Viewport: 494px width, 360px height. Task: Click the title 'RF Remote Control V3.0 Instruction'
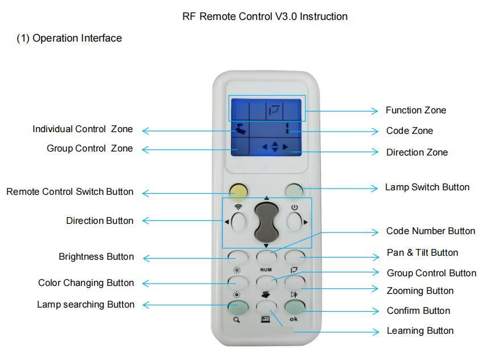[264, 17]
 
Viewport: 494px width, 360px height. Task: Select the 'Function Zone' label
[415, 111]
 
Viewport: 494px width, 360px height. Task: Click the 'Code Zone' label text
[409, 131]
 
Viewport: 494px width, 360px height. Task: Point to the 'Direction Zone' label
[417, 153]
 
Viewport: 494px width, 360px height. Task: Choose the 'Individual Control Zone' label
[82, 129]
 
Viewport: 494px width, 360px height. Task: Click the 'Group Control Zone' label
[89, 149]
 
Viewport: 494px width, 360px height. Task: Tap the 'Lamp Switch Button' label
[427, 187]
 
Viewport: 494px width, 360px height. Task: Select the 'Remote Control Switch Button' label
[70, 192]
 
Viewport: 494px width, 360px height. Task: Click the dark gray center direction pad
[266, 220]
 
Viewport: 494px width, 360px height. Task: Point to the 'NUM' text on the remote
[266, 269]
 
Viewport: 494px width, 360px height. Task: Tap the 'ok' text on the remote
[293, 319]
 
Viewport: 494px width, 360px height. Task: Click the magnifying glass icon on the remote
[236, 320]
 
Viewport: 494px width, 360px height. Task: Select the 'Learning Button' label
[420, 331]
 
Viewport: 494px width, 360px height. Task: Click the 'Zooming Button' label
[420, 291]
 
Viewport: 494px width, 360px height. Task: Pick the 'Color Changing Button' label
[86, 283]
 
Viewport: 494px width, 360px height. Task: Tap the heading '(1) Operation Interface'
[69, 38]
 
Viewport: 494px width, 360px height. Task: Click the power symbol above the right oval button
[295, 207]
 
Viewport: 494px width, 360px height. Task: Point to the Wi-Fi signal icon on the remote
[238, 207]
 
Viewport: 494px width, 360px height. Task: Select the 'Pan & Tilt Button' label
[422, 253]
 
